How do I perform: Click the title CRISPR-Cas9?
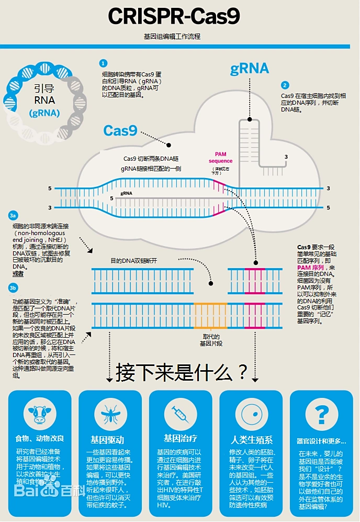(x=174, y=16)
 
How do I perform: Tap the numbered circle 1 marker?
(x=104, y=63)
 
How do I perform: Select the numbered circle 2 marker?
(x=285, y=85)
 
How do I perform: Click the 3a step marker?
(x=14, y=216)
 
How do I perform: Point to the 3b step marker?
(x=14, y=287)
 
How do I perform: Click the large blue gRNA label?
(x=250, y=69)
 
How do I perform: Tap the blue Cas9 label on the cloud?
(x=120, y=130)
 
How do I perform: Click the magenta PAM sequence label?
(x=220, y=157)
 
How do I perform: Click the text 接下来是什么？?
(x=182, y=373)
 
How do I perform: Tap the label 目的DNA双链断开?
(x=133, y=260)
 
